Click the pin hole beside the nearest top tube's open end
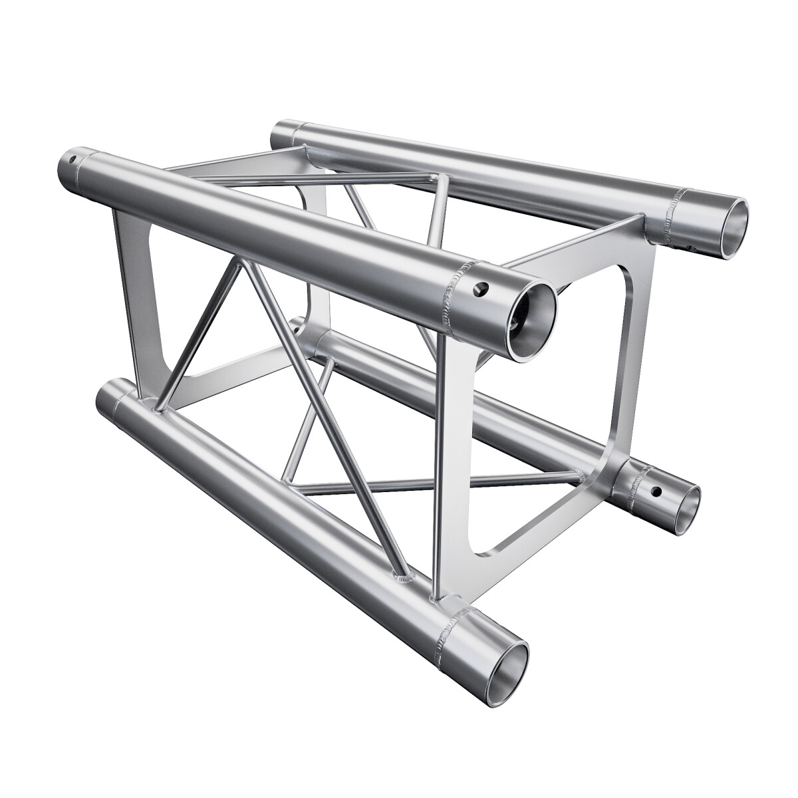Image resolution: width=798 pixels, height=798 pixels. click(480, 289)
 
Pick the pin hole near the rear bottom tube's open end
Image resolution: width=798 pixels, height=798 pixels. click(656, 492)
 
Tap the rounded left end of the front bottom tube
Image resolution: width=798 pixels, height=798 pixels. click(106, 397)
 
